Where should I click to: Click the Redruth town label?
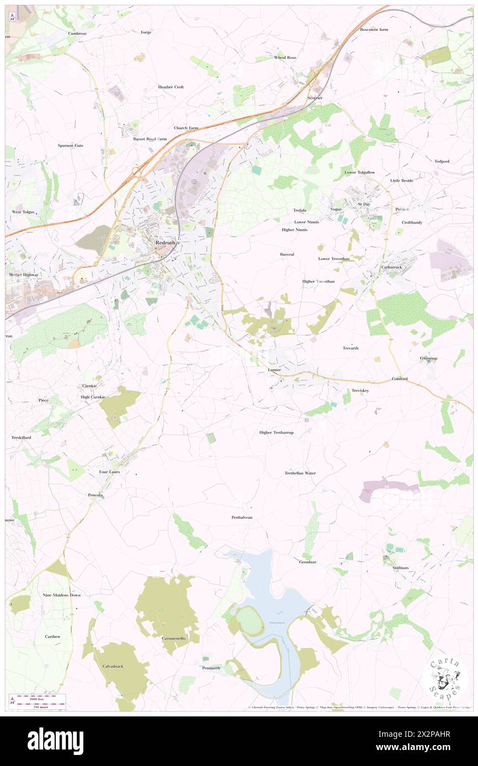[166, 242]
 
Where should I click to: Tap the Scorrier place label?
[315, 98]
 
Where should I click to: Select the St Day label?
[364, 204]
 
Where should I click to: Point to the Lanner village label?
[274, 370]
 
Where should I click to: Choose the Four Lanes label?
[110, 472]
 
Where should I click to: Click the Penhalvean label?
[242, 517]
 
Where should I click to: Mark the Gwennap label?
[428, 358]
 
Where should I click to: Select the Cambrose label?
[77, 33]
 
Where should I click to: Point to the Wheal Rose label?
[285, 57]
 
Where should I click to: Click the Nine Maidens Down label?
[62, 595]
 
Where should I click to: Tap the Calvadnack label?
[112, 666]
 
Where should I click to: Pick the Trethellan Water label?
[300, 473]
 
